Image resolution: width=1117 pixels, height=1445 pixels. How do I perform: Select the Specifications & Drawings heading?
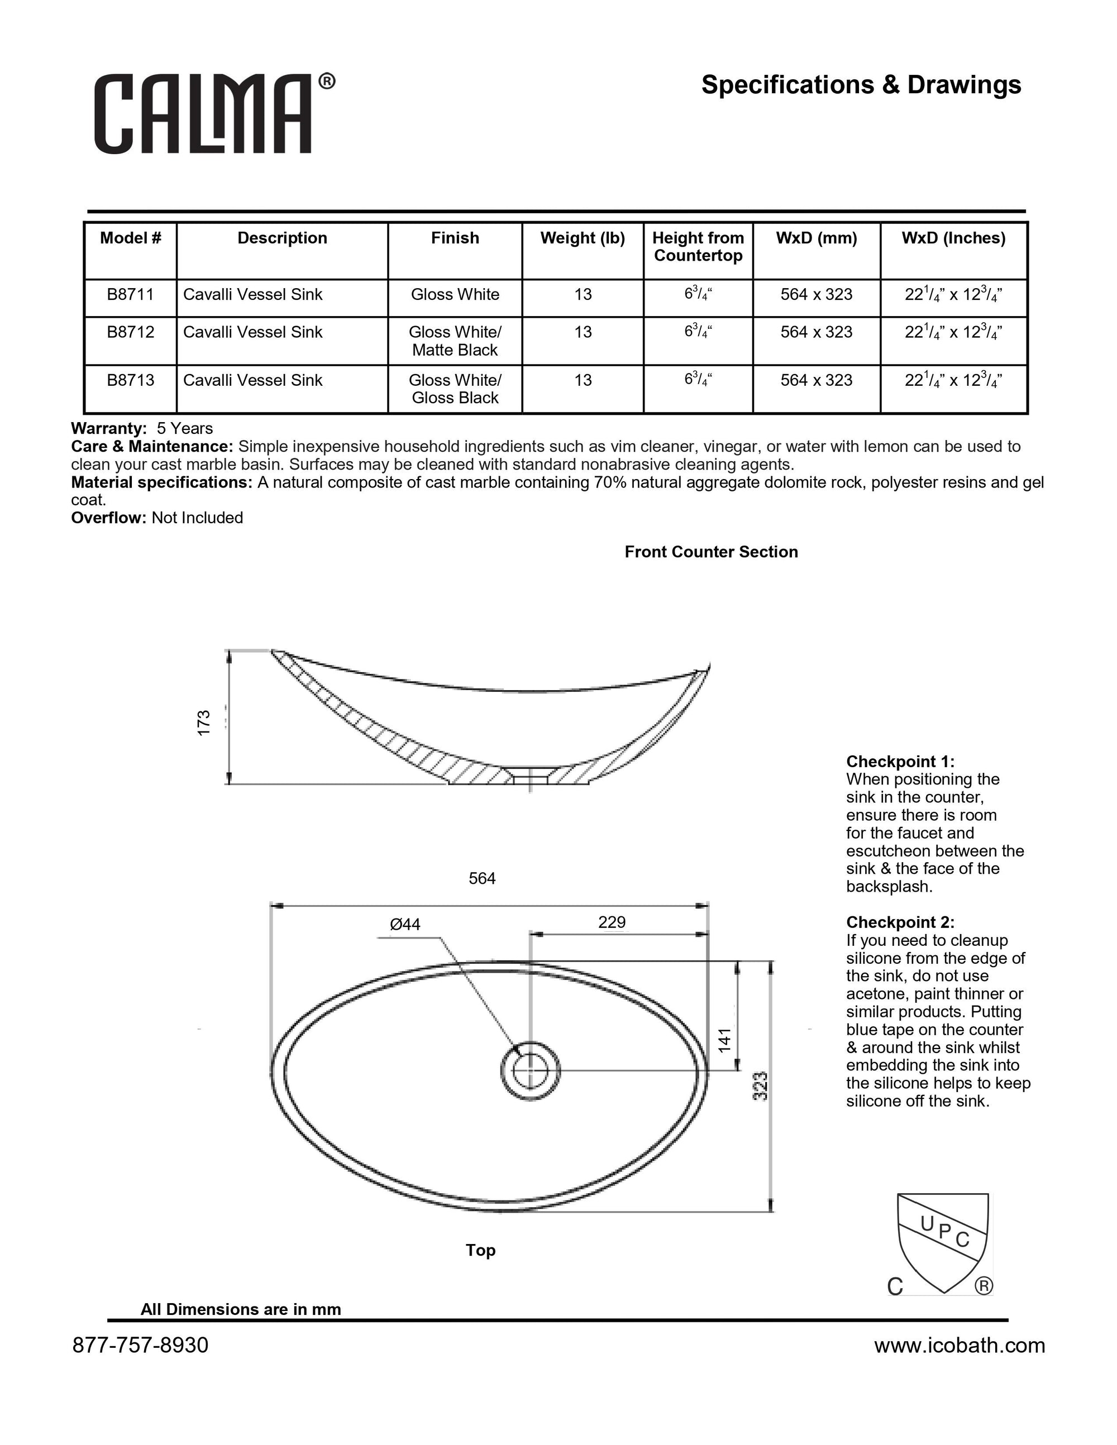pos(861,85)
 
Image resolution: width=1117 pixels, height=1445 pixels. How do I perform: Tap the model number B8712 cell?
pos(130,332)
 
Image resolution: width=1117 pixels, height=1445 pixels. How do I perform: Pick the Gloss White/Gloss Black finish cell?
pos(455,389)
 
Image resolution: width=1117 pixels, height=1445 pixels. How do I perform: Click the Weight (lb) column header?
pos(583,238)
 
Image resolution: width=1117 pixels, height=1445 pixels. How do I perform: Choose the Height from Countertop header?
pos(698,247)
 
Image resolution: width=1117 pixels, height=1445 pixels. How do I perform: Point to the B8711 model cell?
pos(130,294)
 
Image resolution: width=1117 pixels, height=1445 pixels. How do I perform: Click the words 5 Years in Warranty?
pos(185,429)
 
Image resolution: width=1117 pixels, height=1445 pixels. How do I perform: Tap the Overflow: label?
pos(108,518)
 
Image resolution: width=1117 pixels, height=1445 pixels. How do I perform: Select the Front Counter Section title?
pos(711,552)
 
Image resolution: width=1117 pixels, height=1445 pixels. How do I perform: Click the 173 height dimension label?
pos(204,722)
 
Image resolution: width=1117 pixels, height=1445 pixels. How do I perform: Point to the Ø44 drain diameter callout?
pos(405,924)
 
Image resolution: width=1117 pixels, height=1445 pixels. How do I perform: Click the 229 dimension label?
pos(612,922)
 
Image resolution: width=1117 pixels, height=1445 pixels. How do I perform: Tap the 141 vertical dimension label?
pos(725,1040)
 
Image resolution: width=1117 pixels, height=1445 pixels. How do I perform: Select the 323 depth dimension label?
pos(761,1086)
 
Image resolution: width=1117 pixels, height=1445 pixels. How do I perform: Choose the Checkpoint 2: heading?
pos(900,922)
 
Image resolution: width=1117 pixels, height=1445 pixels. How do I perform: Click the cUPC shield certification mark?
pos(942,1244)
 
